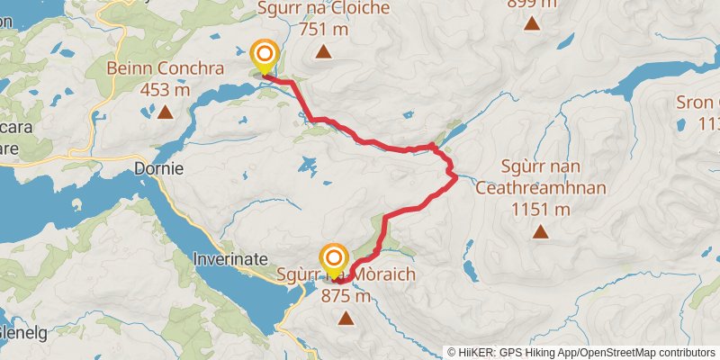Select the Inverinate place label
(x=230, y=258)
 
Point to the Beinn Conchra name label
(x=165, y=68)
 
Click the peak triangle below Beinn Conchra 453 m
(x=166, y=112)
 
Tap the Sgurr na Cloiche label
(x=323, y=9)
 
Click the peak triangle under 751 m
(x=323, y=52)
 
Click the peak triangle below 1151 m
(x=540, y=232)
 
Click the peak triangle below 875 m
(x=346, y=317)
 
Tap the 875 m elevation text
(x=346, y=295)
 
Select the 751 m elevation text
(x=323, y=31)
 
